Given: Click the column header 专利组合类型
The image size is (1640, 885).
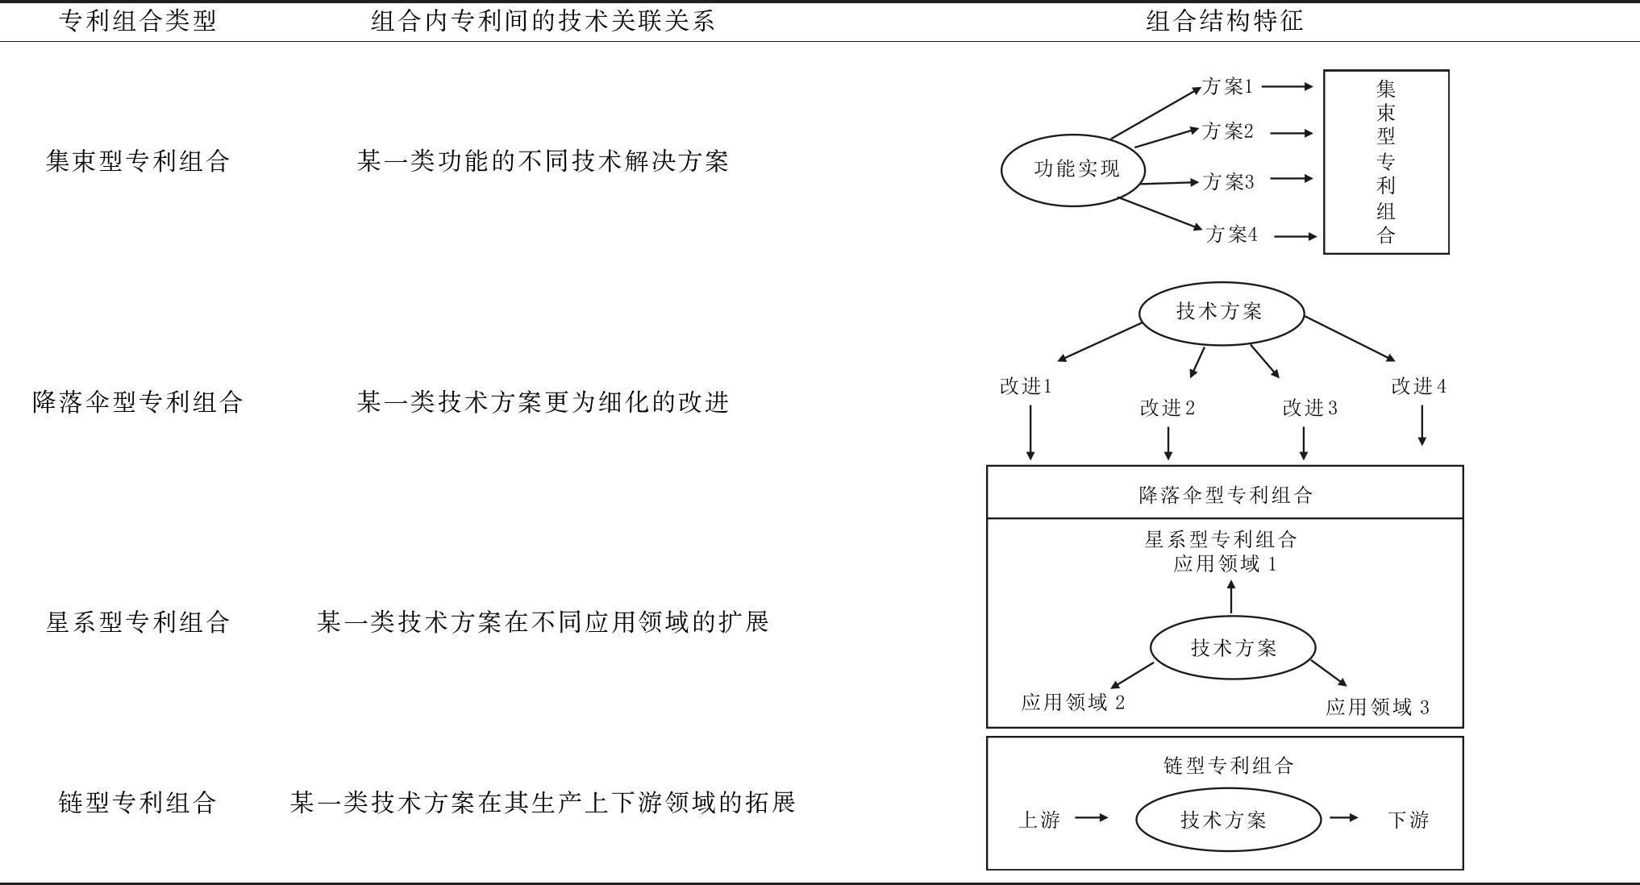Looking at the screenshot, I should pyautogui.click(x=138, y=21).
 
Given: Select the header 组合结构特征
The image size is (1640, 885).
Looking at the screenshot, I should pyautogui.click(x=1224, y=21).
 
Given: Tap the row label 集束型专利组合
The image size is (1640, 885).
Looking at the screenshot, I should pyautogui.click(x=138, y=161).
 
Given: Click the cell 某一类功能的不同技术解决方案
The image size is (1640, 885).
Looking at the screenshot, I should pyautogui.click(x=543, y=161).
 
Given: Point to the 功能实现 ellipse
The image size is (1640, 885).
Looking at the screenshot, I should pyautogui.click(x=1076, y=169).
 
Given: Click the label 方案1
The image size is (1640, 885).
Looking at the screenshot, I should pyautogui.click(x=1227, y=87).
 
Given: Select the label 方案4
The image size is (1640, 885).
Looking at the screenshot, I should pyautogui.click(x=1231, y=235).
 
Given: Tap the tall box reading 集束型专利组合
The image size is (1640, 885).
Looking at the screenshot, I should pyautogui.click(x=1386, y=162).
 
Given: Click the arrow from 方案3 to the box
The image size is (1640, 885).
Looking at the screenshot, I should pyautogui.click(x=1291, y=179).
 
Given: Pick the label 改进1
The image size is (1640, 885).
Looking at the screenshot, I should pyautogui.click(x=1026, y=387).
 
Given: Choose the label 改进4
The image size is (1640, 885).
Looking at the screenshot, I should pyautogui.click(x=1418, y=387).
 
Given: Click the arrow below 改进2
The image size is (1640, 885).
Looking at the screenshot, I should pyautogui.click(x=1168, y=442).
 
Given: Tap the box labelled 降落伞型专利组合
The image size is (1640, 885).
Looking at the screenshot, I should pyautogui.click(x=1225, y=493).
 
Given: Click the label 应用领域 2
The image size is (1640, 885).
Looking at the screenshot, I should pyautogui.click(x=1072, y=703).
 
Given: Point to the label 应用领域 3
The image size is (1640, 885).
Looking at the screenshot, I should pyautogui.click(x=1377, y=708).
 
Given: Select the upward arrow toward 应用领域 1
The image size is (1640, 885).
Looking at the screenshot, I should pyautogui.click(x=1231, y=597).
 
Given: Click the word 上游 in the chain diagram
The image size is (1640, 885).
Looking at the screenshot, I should pyautogui.click(x=1039, y=821).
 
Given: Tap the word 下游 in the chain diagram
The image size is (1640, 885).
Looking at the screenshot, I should pyautogui.click(x=1409, y=821).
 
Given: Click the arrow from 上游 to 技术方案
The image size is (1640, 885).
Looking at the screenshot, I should pyautogui.click(x=1092, y=818).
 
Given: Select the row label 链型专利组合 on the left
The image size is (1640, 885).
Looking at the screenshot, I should pyautogui.click(x=138, y=803).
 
